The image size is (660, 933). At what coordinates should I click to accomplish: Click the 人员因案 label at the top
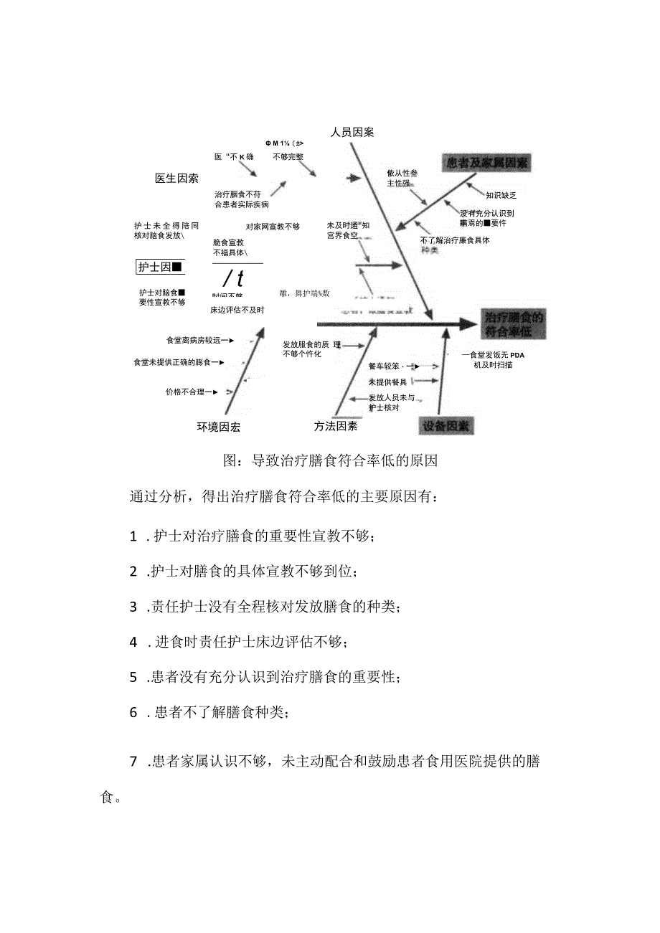(352, 132)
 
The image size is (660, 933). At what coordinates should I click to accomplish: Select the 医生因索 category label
(176, 178)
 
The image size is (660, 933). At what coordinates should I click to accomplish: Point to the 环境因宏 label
(219, 427)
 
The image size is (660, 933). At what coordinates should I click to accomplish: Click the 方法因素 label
(335, 426)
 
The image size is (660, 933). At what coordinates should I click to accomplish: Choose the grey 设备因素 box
(445, 425)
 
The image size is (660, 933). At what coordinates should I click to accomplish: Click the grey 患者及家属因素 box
(486, 163)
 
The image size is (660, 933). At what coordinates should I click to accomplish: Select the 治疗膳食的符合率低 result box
(514, 324)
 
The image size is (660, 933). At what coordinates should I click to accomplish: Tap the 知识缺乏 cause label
(501, 195)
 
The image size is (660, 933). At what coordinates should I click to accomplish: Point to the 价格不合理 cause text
(188, 392)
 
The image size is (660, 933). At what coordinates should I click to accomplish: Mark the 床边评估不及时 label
(237, 310)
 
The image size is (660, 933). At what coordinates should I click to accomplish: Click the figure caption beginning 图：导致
(330, 460)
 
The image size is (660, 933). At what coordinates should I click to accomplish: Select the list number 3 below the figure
(133, 607)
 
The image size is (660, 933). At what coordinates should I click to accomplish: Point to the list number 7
(133, 762)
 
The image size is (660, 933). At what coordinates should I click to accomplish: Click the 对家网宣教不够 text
(273, 227)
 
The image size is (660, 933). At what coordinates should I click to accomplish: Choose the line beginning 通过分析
(282, 498)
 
